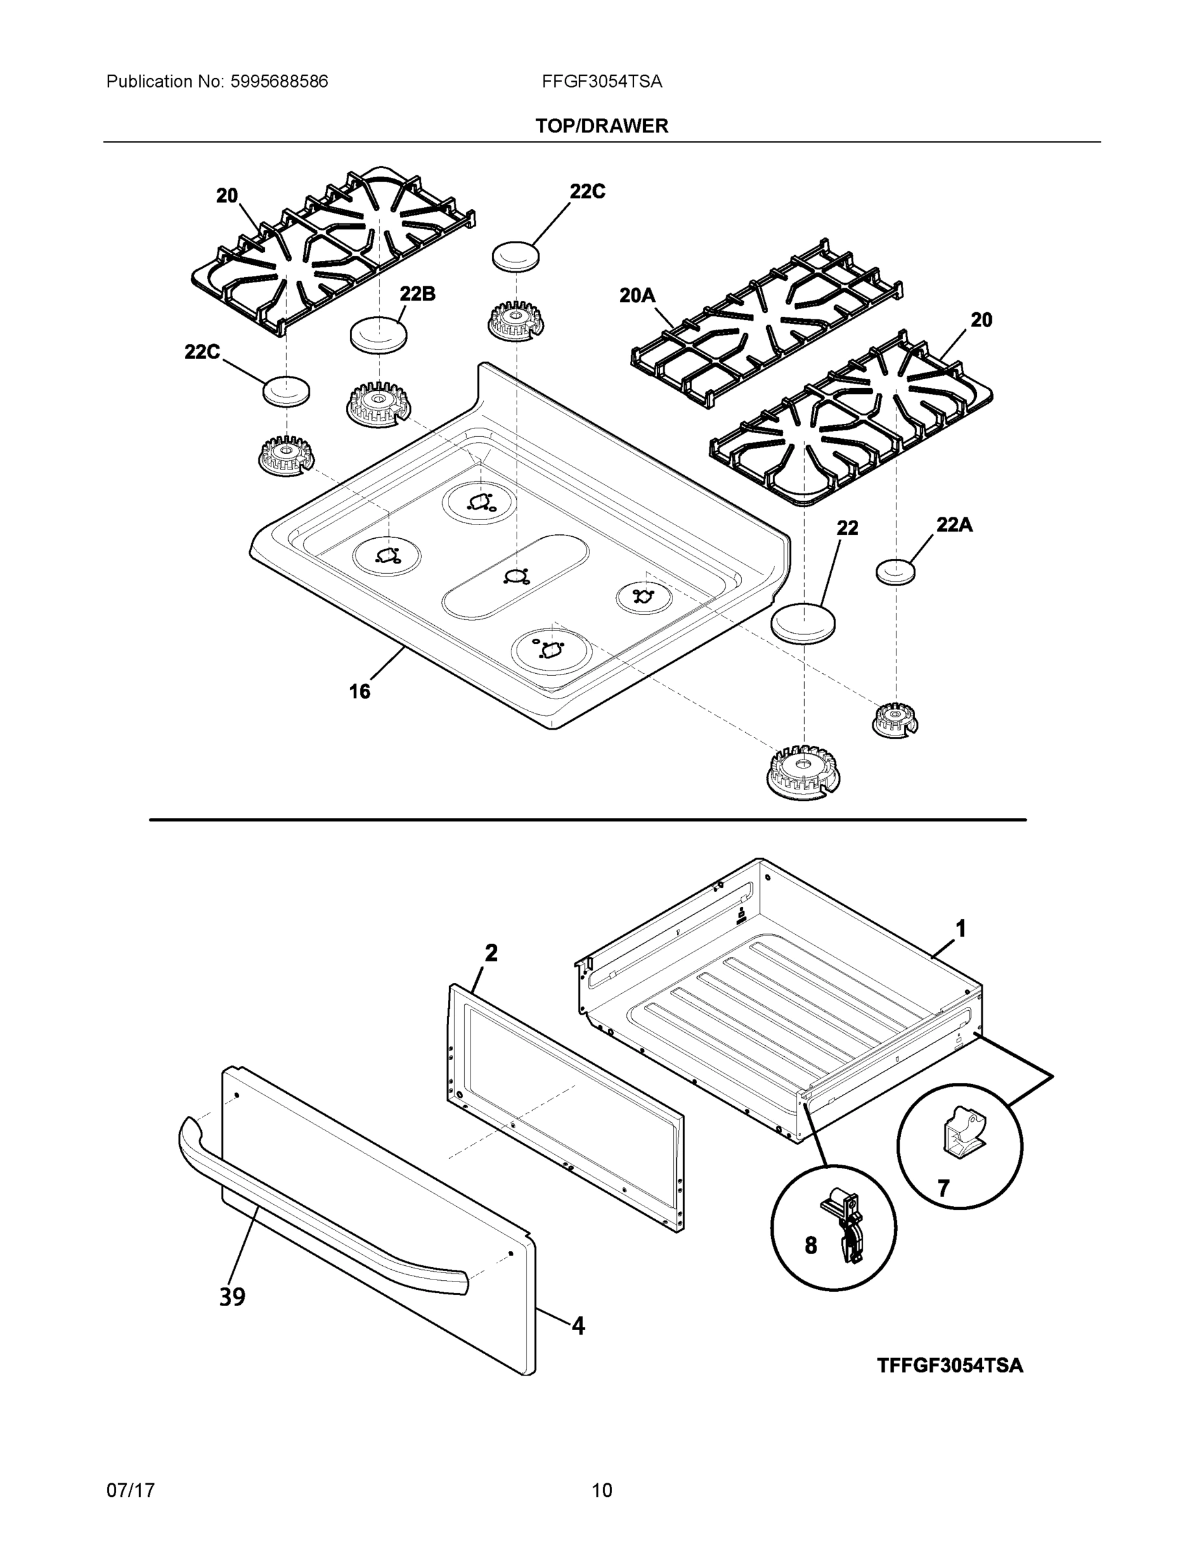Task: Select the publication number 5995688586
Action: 279,82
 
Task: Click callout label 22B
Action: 417,294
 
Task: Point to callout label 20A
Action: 637,295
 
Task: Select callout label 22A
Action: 953,525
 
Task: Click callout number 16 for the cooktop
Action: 360,691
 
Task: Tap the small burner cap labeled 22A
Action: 895,572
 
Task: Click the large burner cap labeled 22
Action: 804,622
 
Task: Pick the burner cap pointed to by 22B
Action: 379,334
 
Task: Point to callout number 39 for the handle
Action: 232,1296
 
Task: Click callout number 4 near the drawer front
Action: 578,1326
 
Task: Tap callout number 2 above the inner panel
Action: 491,952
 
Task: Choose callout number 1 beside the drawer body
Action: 961,929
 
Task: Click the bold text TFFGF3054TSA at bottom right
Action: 950,1365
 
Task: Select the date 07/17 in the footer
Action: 130,1490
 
